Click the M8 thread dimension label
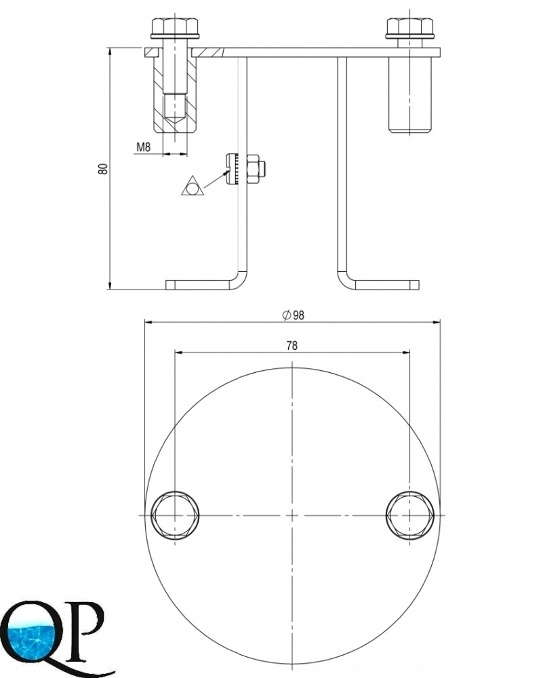click(144, 147)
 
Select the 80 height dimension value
click(103, 169)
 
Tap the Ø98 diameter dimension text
click(293, 315)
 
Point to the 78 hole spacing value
click(291, 346)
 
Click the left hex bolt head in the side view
click(175, 28)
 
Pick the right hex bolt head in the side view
click(409, 28)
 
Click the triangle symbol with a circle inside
click(192, 187)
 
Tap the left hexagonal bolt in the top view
click(175, 515)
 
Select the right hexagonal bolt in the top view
click(410, 515)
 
